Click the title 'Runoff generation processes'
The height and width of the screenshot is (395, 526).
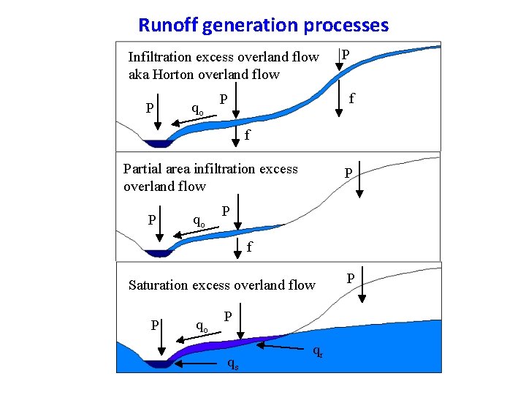point(263,26)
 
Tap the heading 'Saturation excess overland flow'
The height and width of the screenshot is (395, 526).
point(221,285)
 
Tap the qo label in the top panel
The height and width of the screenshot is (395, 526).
point(197,109)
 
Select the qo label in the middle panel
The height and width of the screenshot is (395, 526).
point(198,219)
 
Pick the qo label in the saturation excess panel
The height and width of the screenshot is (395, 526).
point(202,325)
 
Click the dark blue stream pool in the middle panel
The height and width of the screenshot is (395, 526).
point(156,254)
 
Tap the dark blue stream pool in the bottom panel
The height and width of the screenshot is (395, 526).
point(156,364)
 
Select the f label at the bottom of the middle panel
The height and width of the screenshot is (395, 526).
point(249,247)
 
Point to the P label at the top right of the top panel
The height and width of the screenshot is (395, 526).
point(346,55)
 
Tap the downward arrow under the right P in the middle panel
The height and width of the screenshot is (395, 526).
point(359,187)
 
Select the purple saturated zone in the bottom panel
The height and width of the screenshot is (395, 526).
point(219,347)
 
